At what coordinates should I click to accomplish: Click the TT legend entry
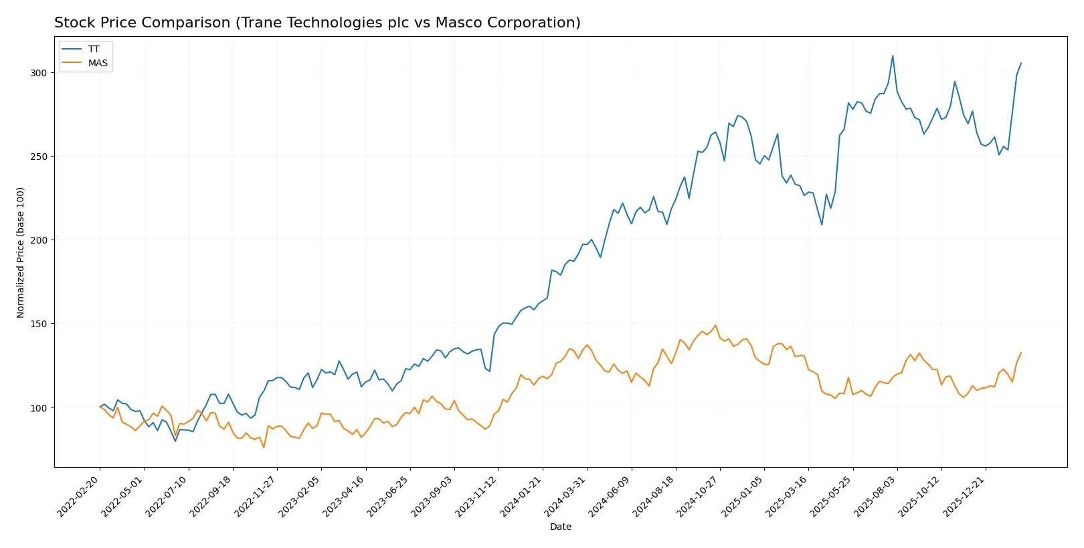point(93,49)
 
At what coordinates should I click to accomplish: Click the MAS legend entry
point(97,63)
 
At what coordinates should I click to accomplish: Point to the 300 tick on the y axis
point(38,73)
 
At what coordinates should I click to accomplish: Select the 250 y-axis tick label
point(38,157)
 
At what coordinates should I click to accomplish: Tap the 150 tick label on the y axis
point(38,324)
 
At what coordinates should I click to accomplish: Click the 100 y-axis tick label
point(38,407)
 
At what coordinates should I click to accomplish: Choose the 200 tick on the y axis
point(38,240)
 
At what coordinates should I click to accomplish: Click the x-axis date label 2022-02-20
point(80,496)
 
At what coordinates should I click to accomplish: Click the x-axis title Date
point(560,527)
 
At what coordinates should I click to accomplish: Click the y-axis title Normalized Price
point(21,252)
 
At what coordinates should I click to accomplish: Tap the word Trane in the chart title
point(261,23)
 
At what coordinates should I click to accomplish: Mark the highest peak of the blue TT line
point(893,56)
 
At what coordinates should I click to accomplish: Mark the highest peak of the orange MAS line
point(715,325)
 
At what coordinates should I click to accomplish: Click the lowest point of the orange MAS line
point(264,447)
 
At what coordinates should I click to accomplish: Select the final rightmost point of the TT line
point(1021,63)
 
